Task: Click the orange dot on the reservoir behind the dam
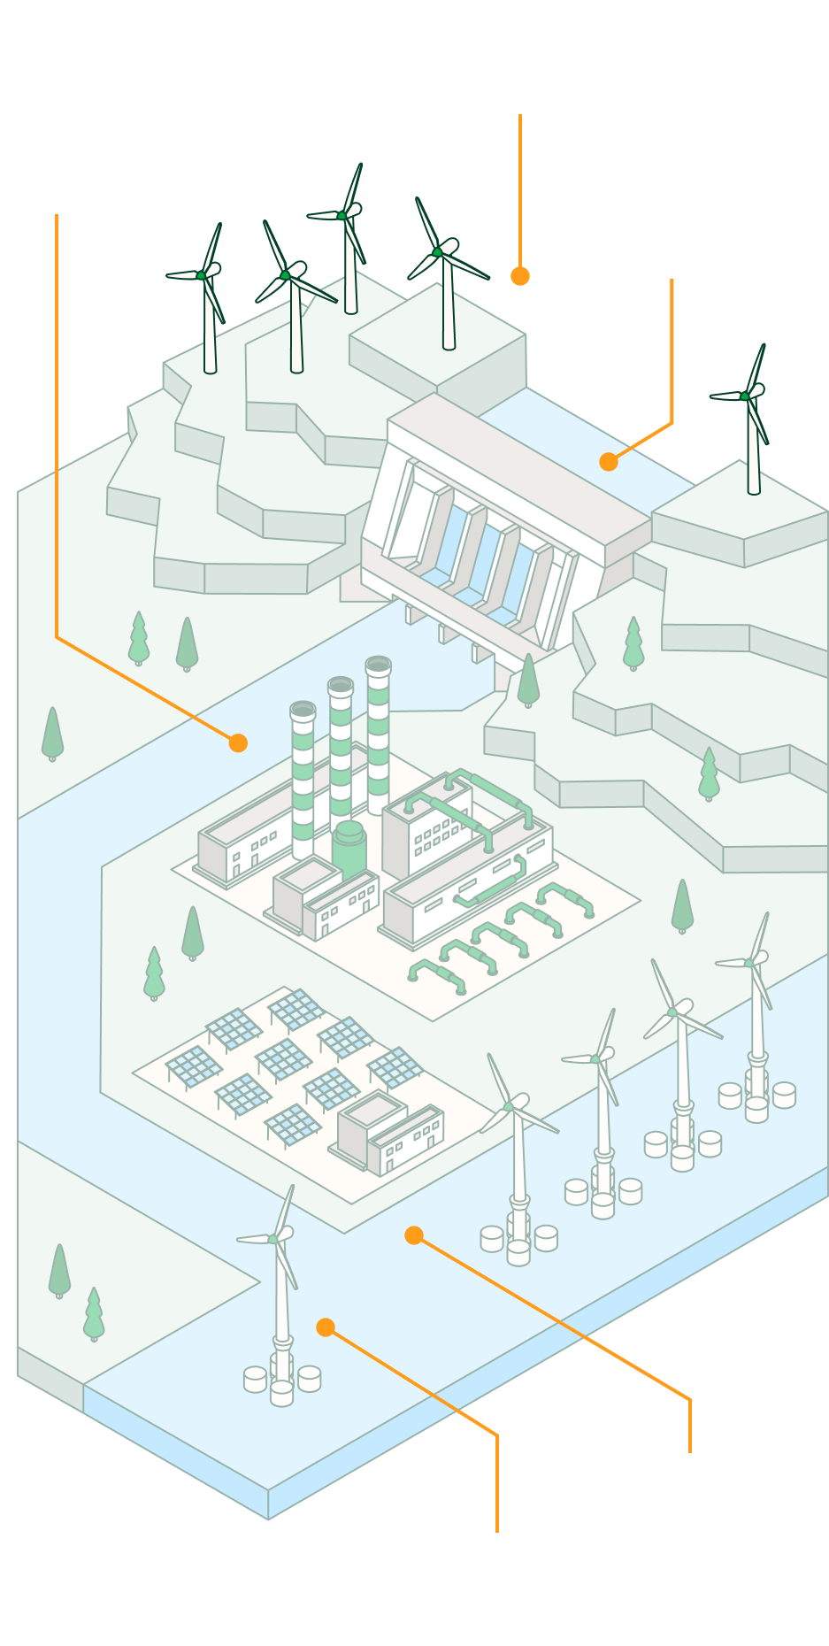pyautogui.click(x=608, y=462)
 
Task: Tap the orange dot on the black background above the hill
pyautogui.click(x=520, y=276)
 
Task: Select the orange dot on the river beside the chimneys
pyautogui.click(x=238, y=743)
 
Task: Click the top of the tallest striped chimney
pyautogui.click(x=378, y=665)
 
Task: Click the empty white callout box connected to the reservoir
pyautogui.click(x=684, y=202)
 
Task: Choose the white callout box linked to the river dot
pyautogui.click(x=75, y=106)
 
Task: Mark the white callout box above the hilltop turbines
pyautogui.click(x=507, y=57)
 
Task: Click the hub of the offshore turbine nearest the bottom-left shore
pyautogui.click(x=273, y=1239)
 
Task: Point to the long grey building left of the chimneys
pyautogui.click(x=243, y=841)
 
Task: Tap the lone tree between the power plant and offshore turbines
pyautogui.click(x=682, y=905)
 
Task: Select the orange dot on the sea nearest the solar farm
pyautogui.click(x=414, y=1235)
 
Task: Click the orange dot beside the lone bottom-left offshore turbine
pyautogui.click(x=326, y=1327)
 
